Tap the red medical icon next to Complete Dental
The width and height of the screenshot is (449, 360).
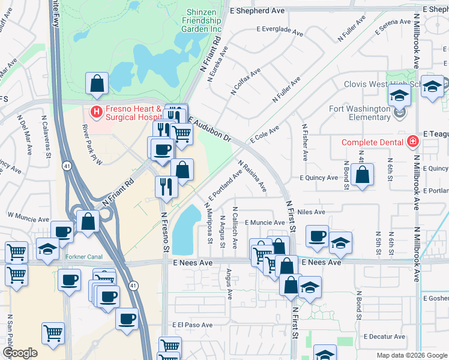(x=412, y=142)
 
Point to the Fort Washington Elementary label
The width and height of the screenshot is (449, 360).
(x=360, y=113)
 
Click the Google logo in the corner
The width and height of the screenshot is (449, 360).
(x=20, y=353)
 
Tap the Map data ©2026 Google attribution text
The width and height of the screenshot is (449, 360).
(x=411, y=355)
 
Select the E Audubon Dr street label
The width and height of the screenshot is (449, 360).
(x=209, y=129)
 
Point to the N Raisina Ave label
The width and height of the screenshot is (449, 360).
(x=253, y=176)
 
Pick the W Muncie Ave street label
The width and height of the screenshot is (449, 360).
(x=27, y=214)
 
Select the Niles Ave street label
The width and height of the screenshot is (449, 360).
(x=311, y=212)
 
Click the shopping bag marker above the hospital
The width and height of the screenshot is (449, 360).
(x=97, y=85)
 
